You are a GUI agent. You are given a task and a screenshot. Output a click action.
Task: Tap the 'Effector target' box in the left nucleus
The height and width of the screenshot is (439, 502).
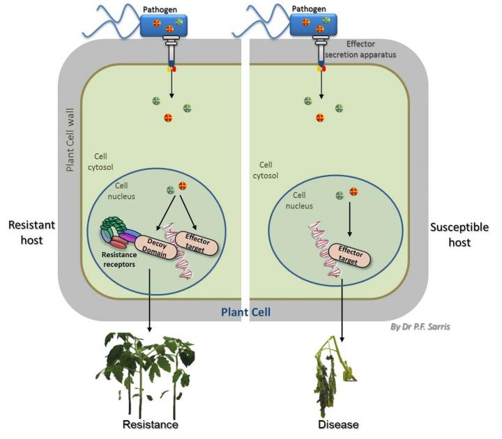pos(196,245)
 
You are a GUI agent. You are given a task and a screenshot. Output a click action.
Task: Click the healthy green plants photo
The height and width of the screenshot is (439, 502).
pos(149,373)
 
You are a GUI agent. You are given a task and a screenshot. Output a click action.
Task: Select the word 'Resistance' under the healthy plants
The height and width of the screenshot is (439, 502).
pos(150,425)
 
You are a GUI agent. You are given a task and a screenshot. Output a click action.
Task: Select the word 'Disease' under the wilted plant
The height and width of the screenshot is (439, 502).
pos(338,425)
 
